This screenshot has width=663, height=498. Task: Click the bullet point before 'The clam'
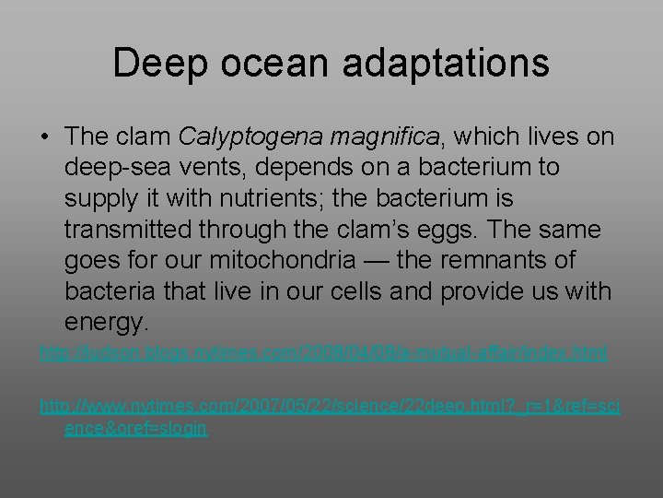tap(44, 137)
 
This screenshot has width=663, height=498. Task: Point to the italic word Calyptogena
tap(241, 137)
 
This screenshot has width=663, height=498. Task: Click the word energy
tap(106, 324)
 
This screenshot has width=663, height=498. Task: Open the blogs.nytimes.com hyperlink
tap(323, 353)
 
